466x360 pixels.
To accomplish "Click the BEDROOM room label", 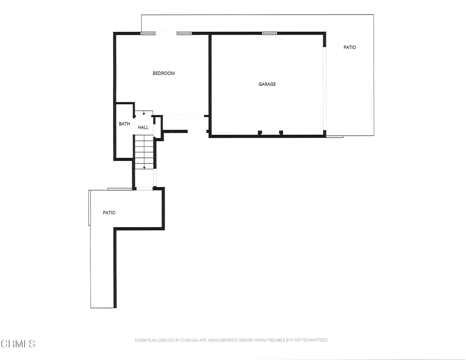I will pos(163,73).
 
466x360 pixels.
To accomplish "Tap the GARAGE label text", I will pos(267,84).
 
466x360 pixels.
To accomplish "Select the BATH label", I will pos(124,124).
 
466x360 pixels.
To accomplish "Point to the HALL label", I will pos(143,127).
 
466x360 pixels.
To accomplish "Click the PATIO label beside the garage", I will pos(349,47).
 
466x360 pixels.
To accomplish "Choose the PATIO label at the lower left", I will pos(109,213).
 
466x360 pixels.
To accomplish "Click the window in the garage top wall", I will pos(269,33).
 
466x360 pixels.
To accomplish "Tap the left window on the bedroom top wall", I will pos(147,33).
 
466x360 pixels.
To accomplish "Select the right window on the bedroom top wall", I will pos(184,33).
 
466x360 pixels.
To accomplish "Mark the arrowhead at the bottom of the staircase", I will pos(144,167).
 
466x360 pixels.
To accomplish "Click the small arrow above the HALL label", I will pos(144,113).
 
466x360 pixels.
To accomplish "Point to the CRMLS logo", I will pos(18,344).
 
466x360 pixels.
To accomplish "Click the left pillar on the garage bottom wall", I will pos(260,132).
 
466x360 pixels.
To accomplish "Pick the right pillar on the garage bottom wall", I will pos(281,132).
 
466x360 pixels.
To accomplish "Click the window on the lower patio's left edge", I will pos(89,208).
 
